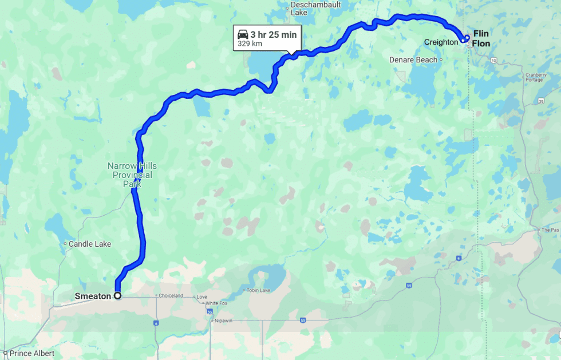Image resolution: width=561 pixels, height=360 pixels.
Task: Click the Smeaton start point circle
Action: click(117, 296)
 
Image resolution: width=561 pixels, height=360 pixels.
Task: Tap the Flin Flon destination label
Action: click(481, 38)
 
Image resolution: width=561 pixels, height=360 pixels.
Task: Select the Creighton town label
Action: click(441, 42)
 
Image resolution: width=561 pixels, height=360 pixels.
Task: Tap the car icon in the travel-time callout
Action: click(243, 34)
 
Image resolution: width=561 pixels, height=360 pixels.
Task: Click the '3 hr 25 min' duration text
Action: click(274, 35)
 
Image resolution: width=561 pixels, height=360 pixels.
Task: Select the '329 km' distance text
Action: click(250, 43)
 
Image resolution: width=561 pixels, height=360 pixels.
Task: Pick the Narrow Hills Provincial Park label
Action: click(132, 175)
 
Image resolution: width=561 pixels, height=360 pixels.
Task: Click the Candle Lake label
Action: click(89, 244)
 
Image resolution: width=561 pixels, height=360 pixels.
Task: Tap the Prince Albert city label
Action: click(31, 354)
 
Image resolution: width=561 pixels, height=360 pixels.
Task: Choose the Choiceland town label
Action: click(171, 296)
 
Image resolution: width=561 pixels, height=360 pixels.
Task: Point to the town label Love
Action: click(202, 297)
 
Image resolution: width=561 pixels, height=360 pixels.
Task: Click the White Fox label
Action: click(217, 303)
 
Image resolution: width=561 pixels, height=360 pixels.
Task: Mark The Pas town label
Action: click(550, 230)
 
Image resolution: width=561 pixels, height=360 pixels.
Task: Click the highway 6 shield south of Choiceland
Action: click(156, 323)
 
